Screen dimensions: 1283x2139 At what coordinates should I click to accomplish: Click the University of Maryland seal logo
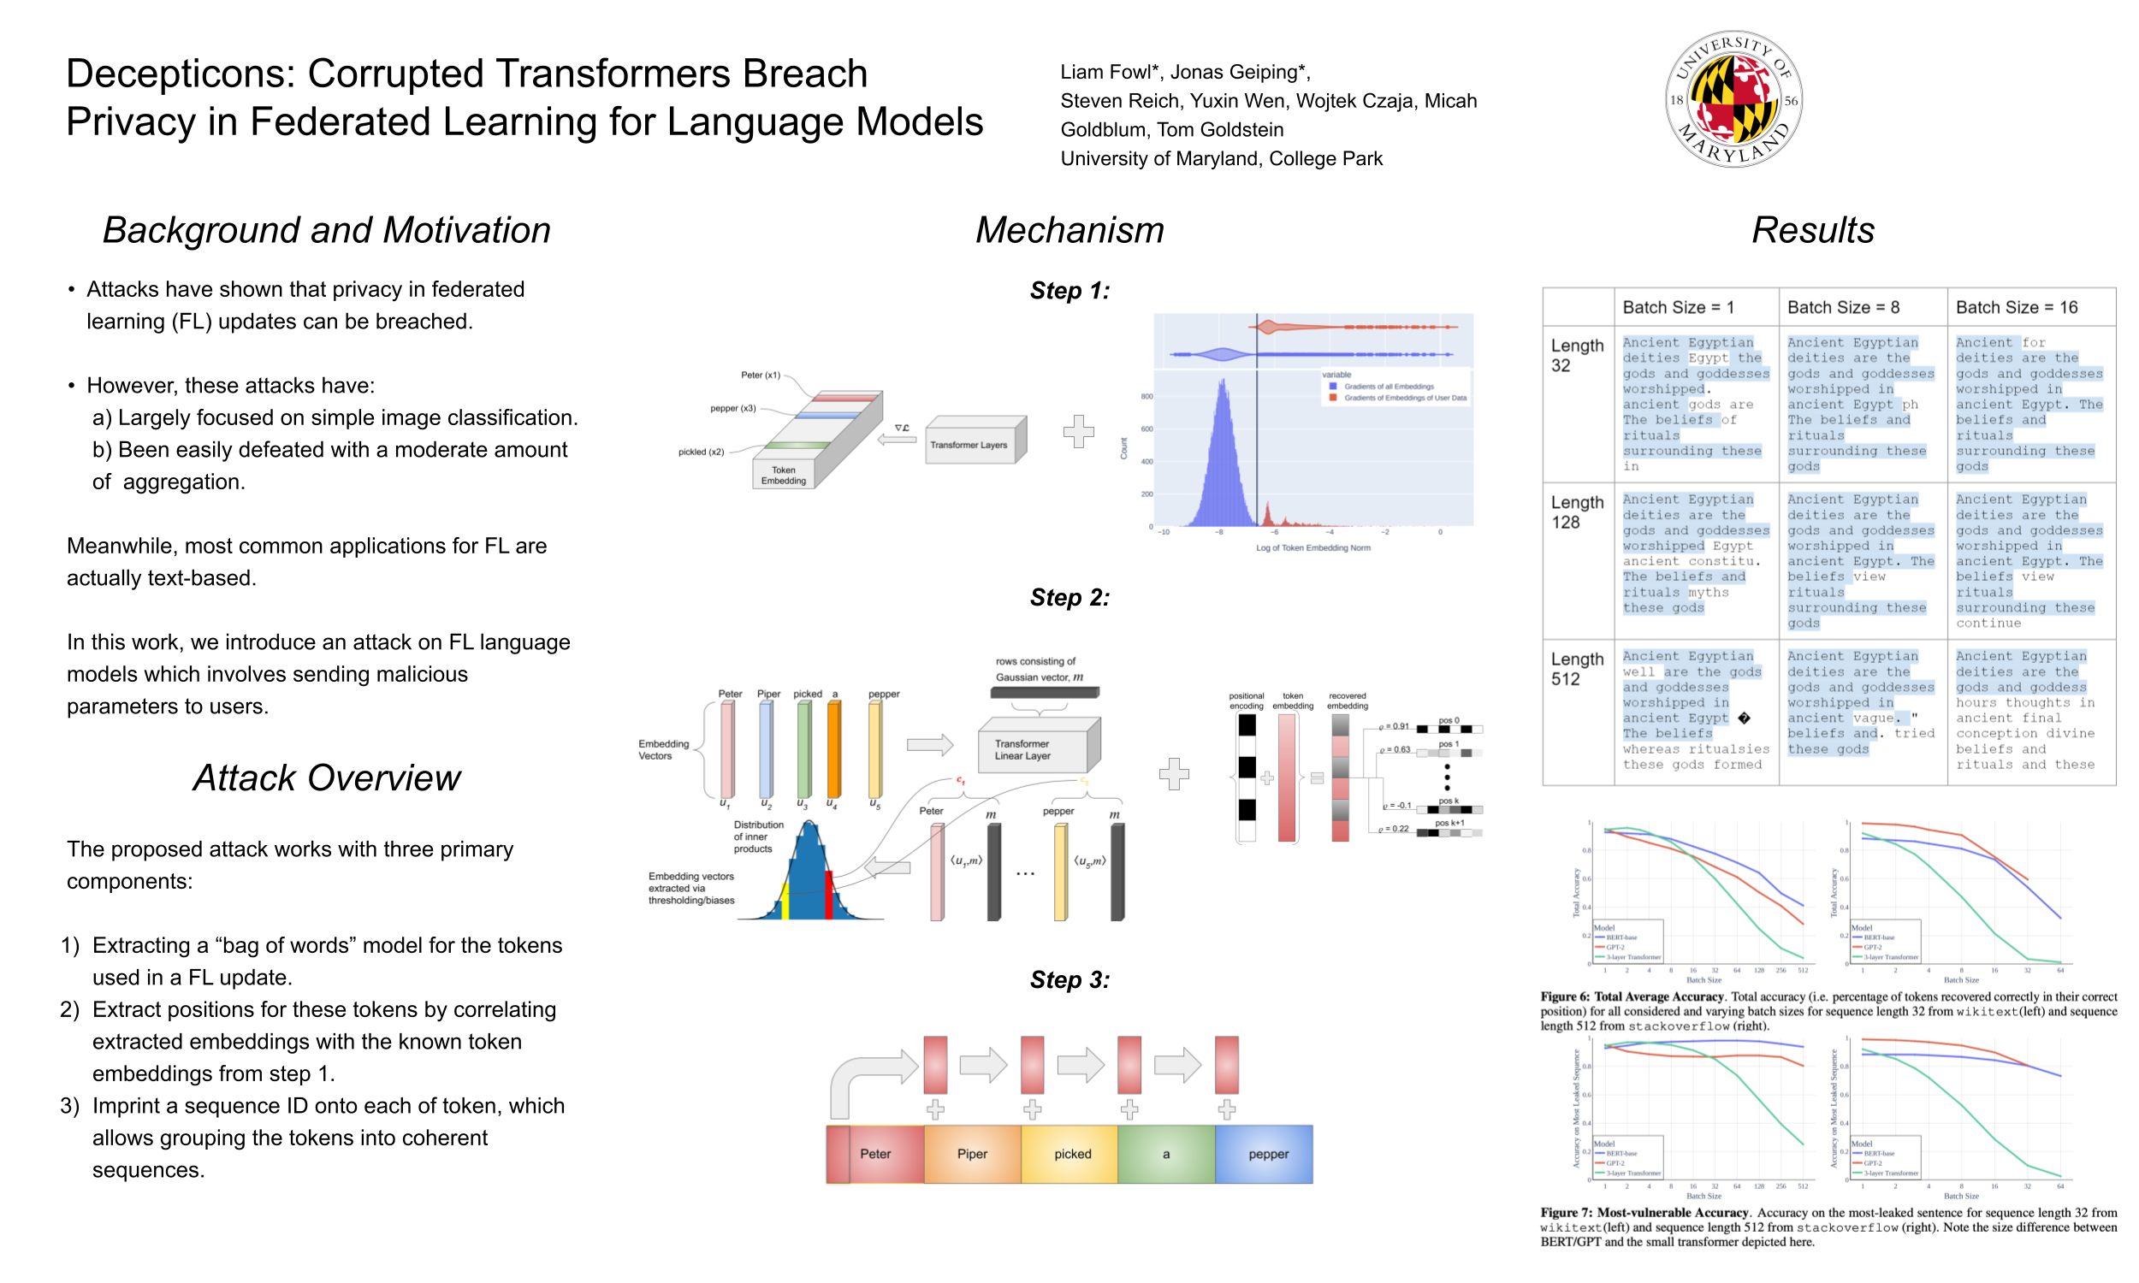coord(1733,99)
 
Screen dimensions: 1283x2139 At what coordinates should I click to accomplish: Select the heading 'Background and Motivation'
coord(326,230)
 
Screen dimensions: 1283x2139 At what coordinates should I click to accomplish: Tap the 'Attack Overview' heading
coord(326,777)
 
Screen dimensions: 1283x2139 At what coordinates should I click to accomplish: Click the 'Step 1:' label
coord(1069,291)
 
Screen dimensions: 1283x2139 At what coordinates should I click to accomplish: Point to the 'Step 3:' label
coord(1069,979)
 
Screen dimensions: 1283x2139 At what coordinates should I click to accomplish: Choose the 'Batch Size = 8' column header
coord(1842,307)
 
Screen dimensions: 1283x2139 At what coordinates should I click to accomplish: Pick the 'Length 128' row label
coord(1576,511)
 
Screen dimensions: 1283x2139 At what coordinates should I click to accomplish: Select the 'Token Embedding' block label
coord(783,476)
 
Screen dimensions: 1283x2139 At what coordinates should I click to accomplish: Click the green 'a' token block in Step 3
coord(1165,1153)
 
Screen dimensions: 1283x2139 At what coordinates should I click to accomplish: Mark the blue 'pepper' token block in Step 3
coord(1267,1153)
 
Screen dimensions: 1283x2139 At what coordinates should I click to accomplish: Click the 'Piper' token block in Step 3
coord(972,1153)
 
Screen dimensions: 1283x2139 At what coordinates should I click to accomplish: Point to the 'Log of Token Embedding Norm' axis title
coord(1312,547)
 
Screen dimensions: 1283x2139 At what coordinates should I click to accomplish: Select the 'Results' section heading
coord(1812,230)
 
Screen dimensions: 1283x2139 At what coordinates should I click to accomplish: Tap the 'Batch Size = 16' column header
coord(2017,307)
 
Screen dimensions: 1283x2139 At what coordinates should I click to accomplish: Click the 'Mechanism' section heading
coord(1069,230)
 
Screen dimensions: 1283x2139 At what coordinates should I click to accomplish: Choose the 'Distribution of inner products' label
coord(757,836)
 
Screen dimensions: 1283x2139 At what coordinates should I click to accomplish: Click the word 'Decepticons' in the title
coord(180,74)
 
